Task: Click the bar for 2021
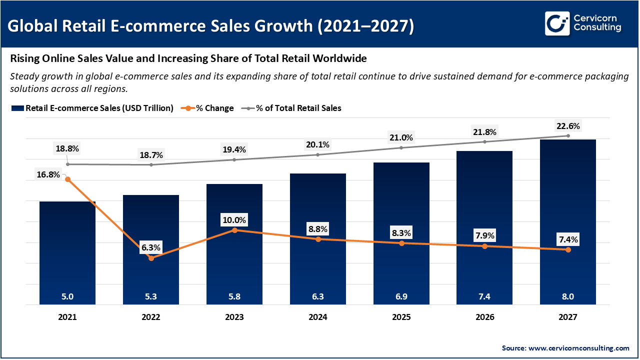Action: (67, 250)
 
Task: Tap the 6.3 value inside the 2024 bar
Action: (318, 296)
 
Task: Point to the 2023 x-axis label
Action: (234, 317)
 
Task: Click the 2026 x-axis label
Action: (484, 317)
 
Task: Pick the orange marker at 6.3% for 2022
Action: (151, 258)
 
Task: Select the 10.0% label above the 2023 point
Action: (234, 220)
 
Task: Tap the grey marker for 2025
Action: (401, 147)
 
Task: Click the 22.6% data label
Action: (568, 125)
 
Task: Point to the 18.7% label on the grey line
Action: (151, 155)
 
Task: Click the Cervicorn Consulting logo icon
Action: (557, 23)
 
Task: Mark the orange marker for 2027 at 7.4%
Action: (568, 249)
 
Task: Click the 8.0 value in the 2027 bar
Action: (568, 296)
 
